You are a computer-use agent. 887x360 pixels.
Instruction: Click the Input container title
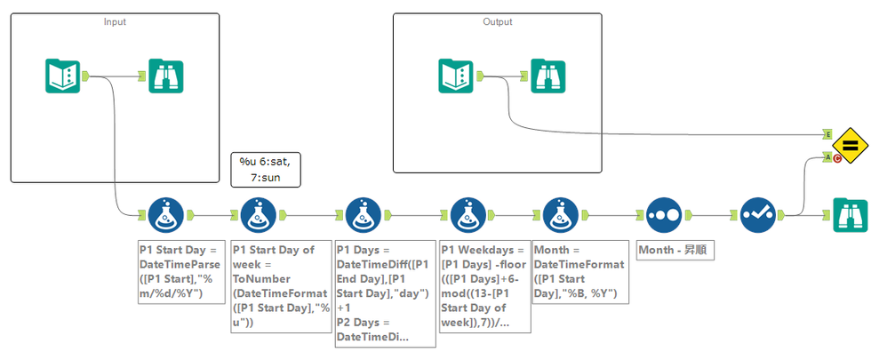(x=115, y=21)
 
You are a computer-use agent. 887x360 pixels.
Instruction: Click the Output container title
(x=497, y=21)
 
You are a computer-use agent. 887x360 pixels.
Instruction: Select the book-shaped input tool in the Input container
(x=63, y=76)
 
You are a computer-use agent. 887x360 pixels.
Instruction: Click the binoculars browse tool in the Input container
(x=165, y=76)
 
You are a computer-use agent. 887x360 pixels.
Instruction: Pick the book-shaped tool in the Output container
(x=457, y=76)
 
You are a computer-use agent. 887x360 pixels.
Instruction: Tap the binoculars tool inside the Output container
(x=548, y=76)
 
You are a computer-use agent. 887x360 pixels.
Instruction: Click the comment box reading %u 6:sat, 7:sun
(x=265, y=169)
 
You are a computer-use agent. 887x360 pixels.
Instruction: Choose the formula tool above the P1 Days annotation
(x=363, y=214)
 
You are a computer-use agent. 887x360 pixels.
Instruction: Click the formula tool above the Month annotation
(x=561, y=214)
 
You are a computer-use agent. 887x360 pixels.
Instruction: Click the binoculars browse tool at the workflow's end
(x=851, y=216)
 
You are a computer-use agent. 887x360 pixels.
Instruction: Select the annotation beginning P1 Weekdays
(x=485, y=285)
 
